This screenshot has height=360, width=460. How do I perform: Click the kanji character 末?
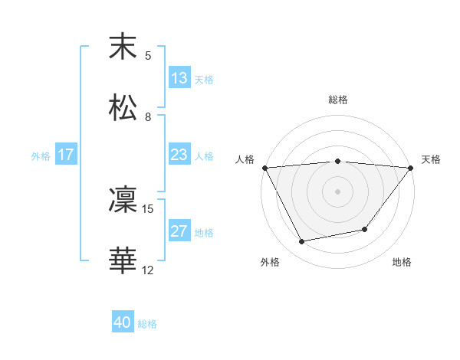(x=123, y=47)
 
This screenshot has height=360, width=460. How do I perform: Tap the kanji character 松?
(x=123, y=108)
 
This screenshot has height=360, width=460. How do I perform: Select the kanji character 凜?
(x=123, y=200)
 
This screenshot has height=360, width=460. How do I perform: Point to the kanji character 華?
(x=123, y=261)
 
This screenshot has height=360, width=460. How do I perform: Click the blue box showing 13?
(x=179, y=78)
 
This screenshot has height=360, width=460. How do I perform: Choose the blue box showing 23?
(x=179, y=155)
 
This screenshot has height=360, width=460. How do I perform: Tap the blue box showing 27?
(x=179, y=231)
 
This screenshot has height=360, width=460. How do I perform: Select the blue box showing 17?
(x=66, y=155)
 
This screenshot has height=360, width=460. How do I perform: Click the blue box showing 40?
(x=123, y=323)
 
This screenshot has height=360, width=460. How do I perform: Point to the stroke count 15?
(x=148, y=208)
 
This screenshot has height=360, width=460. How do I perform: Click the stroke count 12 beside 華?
(x=148, y=270)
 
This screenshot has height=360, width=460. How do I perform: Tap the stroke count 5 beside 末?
(x=148, y=55)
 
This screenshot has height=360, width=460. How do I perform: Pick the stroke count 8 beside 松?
(x=148, y=116)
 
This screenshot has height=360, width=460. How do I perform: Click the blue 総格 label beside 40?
(x=147, y=324)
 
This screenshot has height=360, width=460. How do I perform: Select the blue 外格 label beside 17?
(x=41, y=155)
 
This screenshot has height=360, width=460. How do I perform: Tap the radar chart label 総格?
(x=338, y=100)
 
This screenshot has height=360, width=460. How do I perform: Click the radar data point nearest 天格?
(x=411, y=168)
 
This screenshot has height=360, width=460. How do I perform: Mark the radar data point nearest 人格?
(x=264, y=168)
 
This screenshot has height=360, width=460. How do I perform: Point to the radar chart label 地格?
(x=402, y=262)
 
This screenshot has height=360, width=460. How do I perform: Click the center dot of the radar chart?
(x=338, y=191)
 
